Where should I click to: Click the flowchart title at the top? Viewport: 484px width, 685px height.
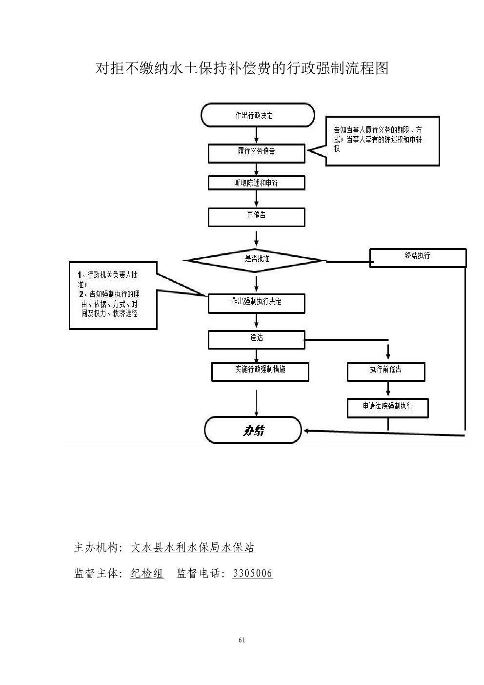242,68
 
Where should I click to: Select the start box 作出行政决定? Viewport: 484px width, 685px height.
257,116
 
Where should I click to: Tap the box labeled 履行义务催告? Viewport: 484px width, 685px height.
257,153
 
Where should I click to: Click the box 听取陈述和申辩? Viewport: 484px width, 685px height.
257,183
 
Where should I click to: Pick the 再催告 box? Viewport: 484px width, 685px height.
257,217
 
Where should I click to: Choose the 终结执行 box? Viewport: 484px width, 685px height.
418,258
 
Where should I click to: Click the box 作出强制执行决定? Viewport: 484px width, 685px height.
257,303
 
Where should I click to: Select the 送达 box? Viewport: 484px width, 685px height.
257,339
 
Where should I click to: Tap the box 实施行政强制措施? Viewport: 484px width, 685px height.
260,372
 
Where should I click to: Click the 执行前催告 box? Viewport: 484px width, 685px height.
386,372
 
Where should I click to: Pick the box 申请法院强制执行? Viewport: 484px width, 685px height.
388,408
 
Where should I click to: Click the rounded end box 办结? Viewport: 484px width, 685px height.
253,430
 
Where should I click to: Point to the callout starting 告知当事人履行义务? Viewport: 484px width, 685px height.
383,141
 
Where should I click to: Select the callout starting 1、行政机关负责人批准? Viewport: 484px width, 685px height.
113,295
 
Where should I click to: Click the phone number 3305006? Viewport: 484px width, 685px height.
252,573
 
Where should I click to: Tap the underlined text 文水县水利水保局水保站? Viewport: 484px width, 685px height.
193,548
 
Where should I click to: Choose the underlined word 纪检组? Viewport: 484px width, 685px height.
147,573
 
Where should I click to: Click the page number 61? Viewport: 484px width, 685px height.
242,640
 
